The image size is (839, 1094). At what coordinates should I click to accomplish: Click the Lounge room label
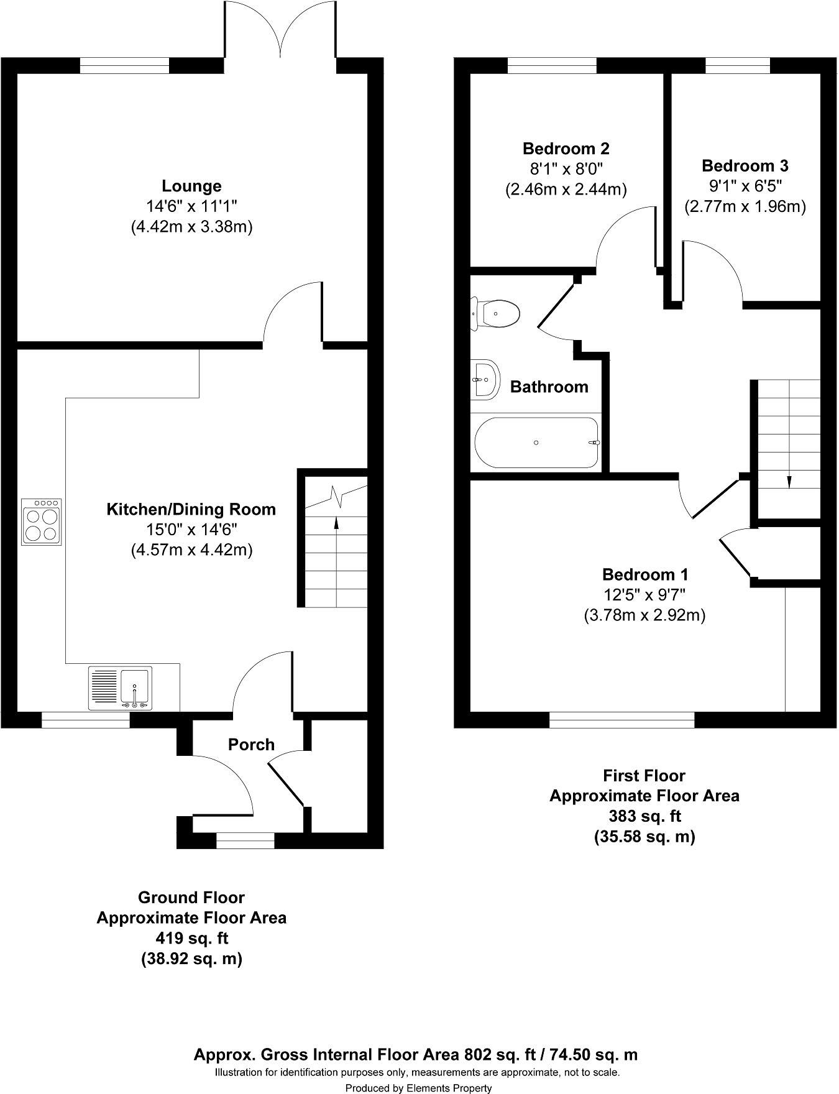(191, 186)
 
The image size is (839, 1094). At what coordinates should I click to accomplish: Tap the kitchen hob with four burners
(42, 522)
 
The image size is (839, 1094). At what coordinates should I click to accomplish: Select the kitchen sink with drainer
(120, 688)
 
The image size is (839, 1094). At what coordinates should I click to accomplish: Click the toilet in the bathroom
(495, 313)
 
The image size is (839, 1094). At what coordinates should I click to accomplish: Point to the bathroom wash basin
(485, 379)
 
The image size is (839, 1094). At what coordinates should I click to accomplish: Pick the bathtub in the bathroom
(536, 443)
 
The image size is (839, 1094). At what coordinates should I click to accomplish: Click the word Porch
(251, 744)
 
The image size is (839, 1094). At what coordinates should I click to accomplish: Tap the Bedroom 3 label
(745, 166)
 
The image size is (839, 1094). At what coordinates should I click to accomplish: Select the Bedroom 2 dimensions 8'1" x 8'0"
(566, 168)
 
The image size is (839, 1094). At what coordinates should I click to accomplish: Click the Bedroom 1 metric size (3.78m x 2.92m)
(645, 615)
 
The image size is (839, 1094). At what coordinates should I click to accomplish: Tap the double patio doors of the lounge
(281, 28)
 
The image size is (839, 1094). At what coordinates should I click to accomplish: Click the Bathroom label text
(549, 387)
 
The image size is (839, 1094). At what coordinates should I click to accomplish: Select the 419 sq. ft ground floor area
(191, 938)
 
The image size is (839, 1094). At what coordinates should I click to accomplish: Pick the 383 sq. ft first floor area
(644, 816)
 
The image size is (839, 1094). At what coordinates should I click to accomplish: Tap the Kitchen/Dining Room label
(191, 510)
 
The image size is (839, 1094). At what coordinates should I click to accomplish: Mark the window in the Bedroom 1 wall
(622, 720)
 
